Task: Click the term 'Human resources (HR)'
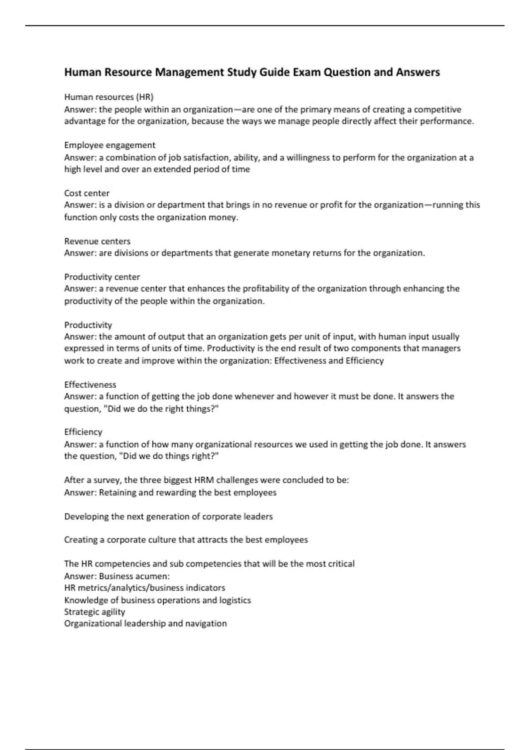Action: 109,97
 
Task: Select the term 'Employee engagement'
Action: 110,145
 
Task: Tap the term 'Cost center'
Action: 87,193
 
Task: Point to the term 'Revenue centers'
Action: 97,241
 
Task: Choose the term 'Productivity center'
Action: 102,277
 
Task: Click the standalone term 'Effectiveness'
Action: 90,385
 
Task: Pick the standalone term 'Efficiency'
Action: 83,432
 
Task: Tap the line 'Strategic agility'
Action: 95,612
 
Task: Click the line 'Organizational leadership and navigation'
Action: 145,624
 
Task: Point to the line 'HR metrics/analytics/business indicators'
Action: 144,588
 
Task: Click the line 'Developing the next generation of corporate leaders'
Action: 168,517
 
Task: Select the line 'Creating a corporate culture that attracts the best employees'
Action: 186,540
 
